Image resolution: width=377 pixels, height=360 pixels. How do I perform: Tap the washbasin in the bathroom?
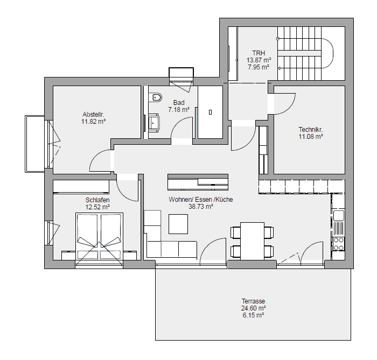tap(154, 122)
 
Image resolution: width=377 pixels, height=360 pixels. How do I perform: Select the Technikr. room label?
tap(311, 130)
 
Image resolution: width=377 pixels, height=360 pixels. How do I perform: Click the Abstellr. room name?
tap(93, 115)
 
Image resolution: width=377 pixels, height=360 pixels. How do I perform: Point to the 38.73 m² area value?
tap(201, 207)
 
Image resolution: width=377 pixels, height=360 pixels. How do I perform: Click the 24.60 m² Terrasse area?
tap(254, 308)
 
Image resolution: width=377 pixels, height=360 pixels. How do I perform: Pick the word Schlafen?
tap(97, 200)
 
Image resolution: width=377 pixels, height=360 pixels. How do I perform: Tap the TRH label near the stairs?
tap(259, 53)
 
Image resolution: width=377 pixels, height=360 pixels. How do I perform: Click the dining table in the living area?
tap(252, 241)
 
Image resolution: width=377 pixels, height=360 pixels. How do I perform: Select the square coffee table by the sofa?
tap(178, 224)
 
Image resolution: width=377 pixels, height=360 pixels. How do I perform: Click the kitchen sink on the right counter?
tap(338, 215)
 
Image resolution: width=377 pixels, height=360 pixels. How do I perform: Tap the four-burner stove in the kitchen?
tap(339, 244)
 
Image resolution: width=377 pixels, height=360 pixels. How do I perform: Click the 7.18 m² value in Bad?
tap(179, 110)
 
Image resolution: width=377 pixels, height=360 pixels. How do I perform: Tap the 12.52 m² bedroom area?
tap(97, 207)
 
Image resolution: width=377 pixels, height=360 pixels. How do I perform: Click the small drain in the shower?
tap(211, 112)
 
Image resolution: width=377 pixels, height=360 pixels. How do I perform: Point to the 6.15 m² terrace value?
tap(254, 315)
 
